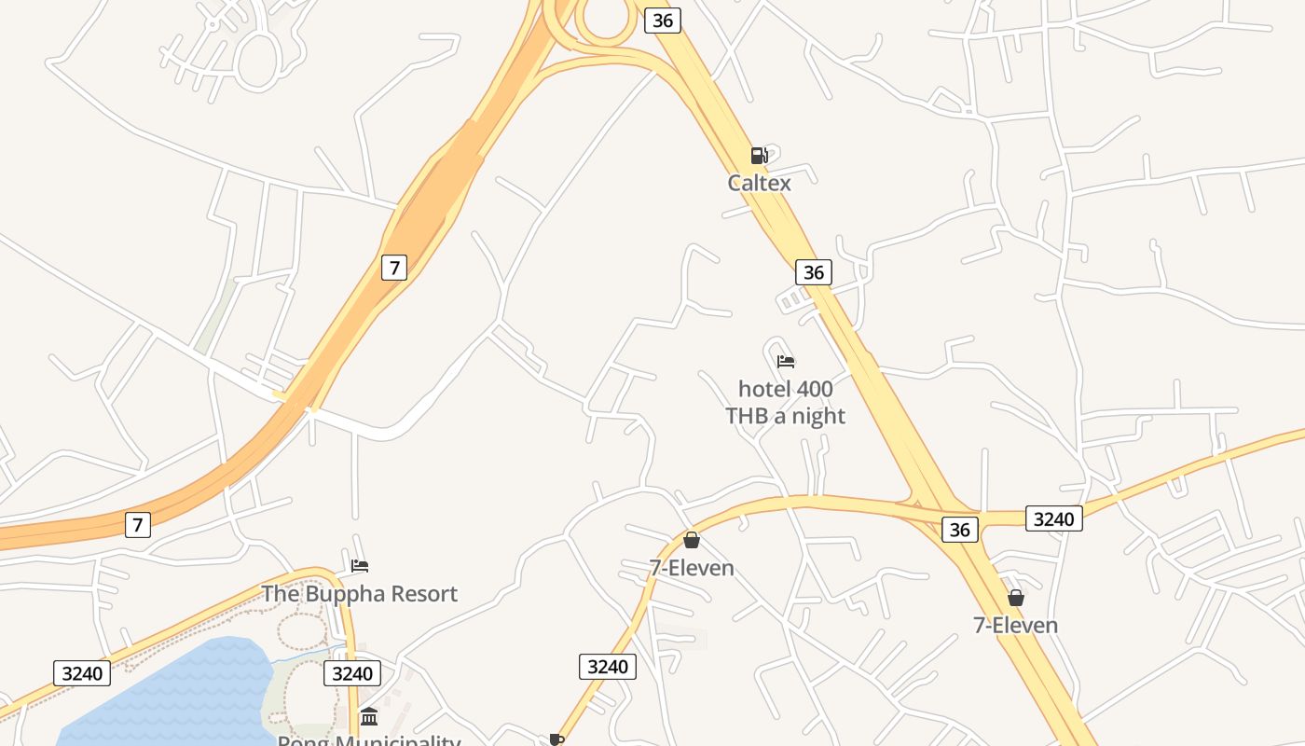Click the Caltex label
coord(759,183)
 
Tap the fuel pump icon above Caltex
coord(759,156)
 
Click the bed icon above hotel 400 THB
coord(786,362)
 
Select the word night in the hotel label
coord(816,416)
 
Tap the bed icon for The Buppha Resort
coord(360,566)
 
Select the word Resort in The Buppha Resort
coord(424,594)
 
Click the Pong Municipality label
coord(369,740)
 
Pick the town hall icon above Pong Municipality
coord(369,717)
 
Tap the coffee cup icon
coord(556,739)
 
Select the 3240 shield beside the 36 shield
coord(1054,518)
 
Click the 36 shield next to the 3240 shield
coord(960,530)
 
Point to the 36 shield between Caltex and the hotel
coord(814,272)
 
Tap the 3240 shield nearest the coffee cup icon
coord(608,666)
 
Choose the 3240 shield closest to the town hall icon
coord(351,673)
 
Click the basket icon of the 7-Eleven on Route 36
coord(1016,598)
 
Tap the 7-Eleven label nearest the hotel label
coord(692,568)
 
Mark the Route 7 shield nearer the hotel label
coord(394,268)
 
